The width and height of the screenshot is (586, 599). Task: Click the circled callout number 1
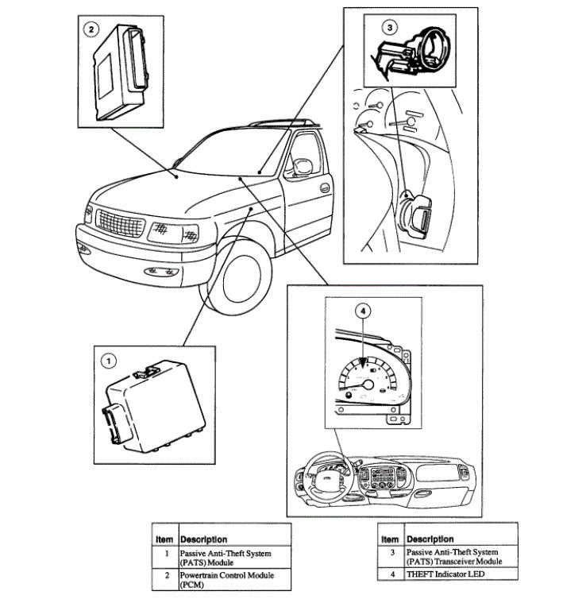point(107,361)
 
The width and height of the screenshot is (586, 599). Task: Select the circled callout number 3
point(388,27)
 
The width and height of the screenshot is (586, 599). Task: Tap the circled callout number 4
point(362,312)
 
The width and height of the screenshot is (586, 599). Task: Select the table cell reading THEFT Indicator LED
point(461,574)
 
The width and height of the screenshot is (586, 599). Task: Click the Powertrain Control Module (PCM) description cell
point(233,579)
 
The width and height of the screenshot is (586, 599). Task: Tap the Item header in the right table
point(391,539)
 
